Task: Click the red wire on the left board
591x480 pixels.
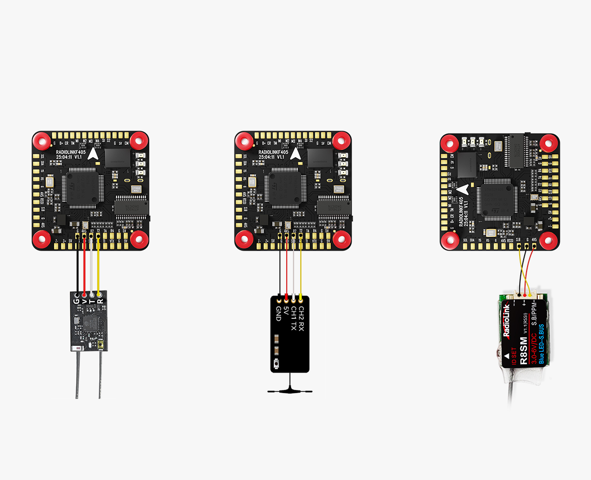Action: [85, 268]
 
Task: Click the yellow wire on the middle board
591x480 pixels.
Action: [300, 268]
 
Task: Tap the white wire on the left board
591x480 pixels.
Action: [92, 268]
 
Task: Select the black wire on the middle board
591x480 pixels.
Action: [280, 268]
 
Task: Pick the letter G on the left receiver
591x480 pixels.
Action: [76, 301]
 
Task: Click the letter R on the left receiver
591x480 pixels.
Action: [100, 300]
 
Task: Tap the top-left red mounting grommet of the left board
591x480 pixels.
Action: [42, 141]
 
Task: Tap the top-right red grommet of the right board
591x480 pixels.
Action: [548, 143]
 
